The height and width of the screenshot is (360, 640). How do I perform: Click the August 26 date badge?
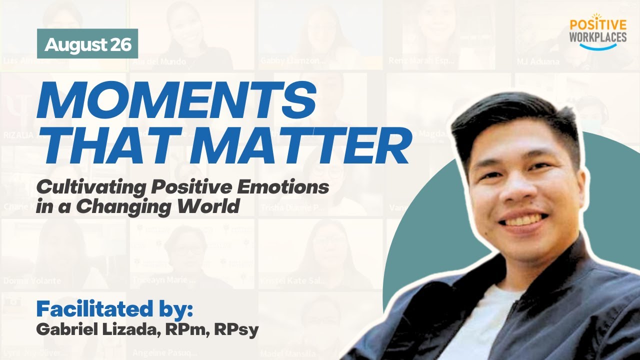[x=87, y=44]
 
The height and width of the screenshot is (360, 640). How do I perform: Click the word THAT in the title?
[x=111, y=146]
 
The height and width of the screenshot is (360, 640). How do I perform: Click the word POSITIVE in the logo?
[x=598, y=25]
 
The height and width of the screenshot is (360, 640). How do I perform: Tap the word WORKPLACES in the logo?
[x=598, y=37]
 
